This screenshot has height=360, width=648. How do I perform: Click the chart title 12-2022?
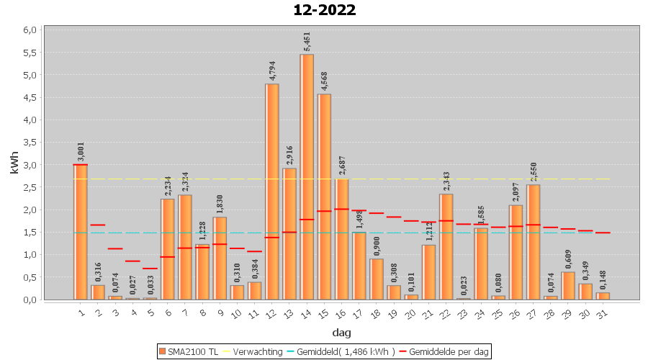point(324,10)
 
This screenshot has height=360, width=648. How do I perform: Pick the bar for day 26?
point(516,252)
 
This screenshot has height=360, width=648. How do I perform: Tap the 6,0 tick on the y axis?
point(29,30)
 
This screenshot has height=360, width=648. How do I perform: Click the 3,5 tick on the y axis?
point(29,142)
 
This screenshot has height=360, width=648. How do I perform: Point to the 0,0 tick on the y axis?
point(29,300)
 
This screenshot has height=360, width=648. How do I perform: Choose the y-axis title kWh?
point(14,164)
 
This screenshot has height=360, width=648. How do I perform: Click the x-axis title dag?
point(341,332)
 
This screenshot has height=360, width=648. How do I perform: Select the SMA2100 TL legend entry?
point(188,351)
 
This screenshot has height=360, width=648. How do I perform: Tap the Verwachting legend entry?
point(253,351)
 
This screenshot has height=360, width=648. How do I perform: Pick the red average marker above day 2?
point(98,225)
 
